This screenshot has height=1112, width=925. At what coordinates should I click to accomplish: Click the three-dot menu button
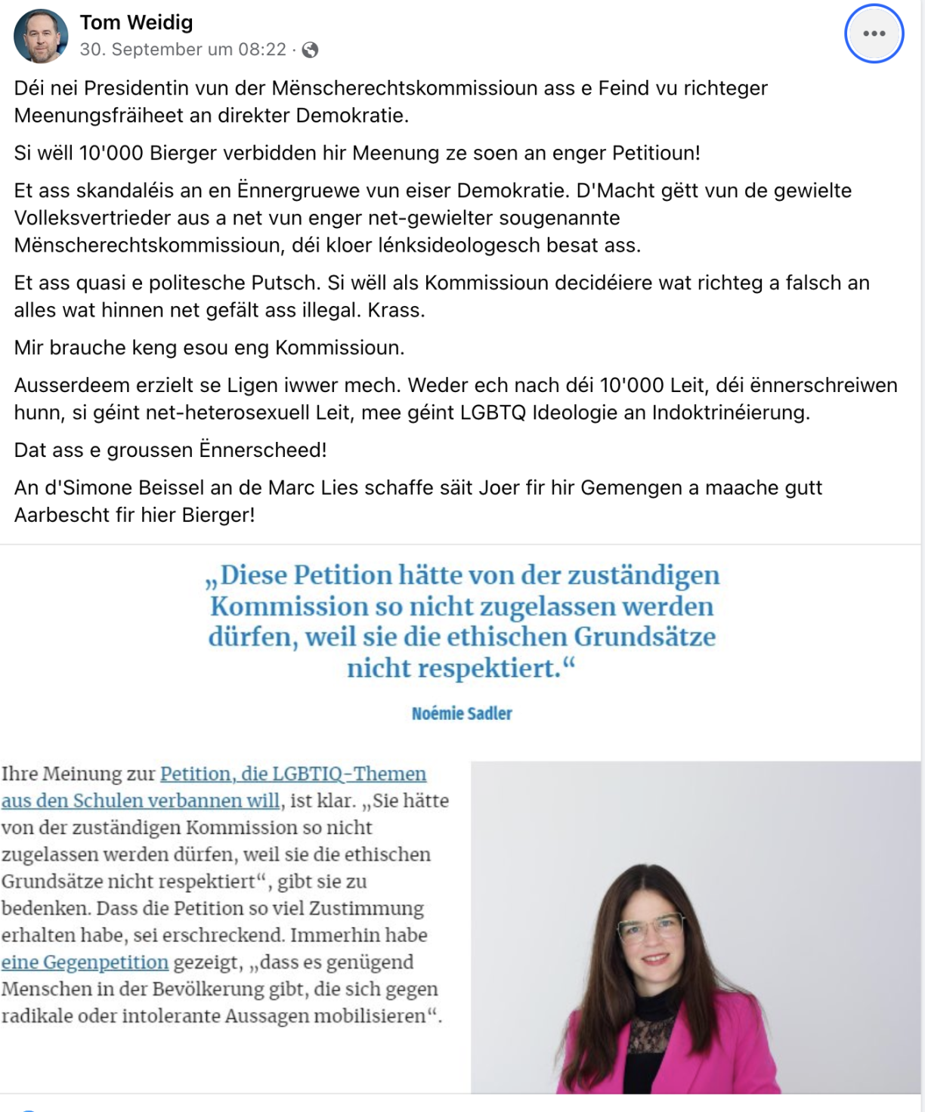[874, 33]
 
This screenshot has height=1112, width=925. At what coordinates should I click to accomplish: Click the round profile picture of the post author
[41, 36]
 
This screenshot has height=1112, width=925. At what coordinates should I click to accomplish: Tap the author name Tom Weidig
[136, 23]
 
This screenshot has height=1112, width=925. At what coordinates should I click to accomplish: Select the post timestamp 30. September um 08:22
[183, 50]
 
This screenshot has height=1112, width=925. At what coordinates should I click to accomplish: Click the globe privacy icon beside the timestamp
[310, 50]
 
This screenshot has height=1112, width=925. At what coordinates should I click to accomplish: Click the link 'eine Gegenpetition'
[85, 962]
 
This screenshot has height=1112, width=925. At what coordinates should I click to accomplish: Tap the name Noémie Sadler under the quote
[462, 713]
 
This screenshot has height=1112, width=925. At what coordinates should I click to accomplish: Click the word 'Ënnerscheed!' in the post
[263, 450]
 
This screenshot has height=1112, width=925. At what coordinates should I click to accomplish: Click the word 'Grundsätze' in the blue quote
[645, 637]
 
